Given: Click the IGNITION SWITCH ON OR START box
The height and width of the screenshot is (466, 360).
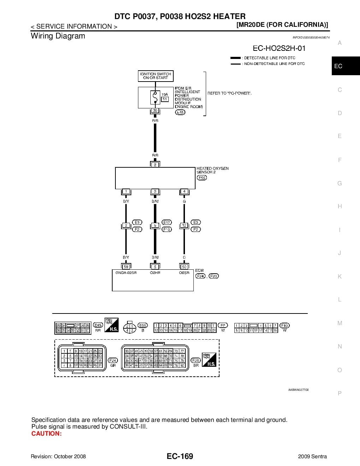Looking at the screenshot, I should point(155,76).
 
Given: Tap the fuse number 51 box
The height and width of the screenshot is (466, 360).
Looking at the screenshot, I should point(165,99).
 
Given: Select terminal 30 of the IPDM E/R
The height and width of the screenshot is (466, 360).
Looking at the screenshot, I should point(155,111).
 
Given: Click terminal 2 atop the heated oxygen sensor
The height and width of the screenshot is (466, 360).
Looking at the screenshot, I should point(155,165).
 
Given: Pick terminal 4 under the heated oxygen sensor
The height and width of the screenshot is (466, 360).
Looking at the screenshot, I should point(184,191).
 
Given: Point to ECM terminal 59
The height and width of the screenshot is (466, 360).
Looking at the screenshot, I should point(126,267).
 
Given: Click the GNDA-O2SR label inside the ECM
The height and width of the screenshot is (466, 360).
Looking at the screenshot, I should point(126,273).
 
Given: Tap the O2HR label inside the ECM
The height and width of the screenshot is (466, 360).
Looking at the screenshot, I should point(155,273).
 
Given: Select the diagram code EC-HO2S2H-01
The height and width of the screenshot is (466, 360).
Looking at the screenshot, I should point(279,48).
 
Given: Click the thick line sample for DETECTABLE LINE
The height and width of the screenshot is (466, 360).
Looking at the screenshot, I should point(235,58).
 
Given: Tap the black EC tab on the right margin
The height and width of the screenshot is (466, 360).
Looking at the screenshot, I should point(338,66).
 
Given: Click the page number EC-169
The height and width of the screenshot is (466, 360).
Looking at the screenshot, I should point(180,456).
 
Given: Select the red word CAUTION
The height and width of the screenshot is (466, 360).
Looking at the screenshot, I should point(46,434).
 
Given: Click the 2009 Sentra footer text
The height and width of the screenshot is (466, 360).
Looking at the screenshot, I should point(312,456).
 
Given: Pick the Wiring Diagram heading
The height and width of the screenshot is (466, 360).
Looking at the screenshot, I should point(58,36).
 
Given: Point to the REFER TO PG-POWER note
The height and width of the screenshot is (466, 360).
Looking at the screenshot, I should point(229,93).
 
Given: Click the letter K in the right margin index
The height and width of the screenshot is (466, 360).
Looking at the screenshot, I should point(340,276).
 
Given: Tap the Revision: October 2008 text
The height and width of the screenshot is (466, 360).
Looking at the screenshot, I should point(58,456).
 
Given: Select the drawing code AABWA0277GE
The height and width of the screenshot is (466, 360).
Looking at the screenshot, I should point(298,390).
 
